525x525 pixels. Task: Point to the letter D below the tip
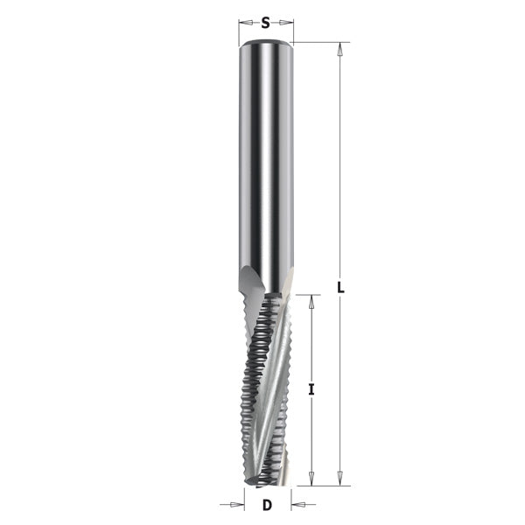267,504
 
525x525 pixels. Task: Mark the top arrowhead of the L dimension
339,47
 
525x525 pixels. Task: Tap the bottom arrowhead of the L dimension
339,479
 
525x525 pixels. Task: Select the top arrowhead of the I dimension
311,300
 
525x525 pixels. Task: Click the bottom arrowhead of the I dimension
311,479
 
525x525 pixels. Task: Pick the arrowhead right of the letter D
297,504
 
